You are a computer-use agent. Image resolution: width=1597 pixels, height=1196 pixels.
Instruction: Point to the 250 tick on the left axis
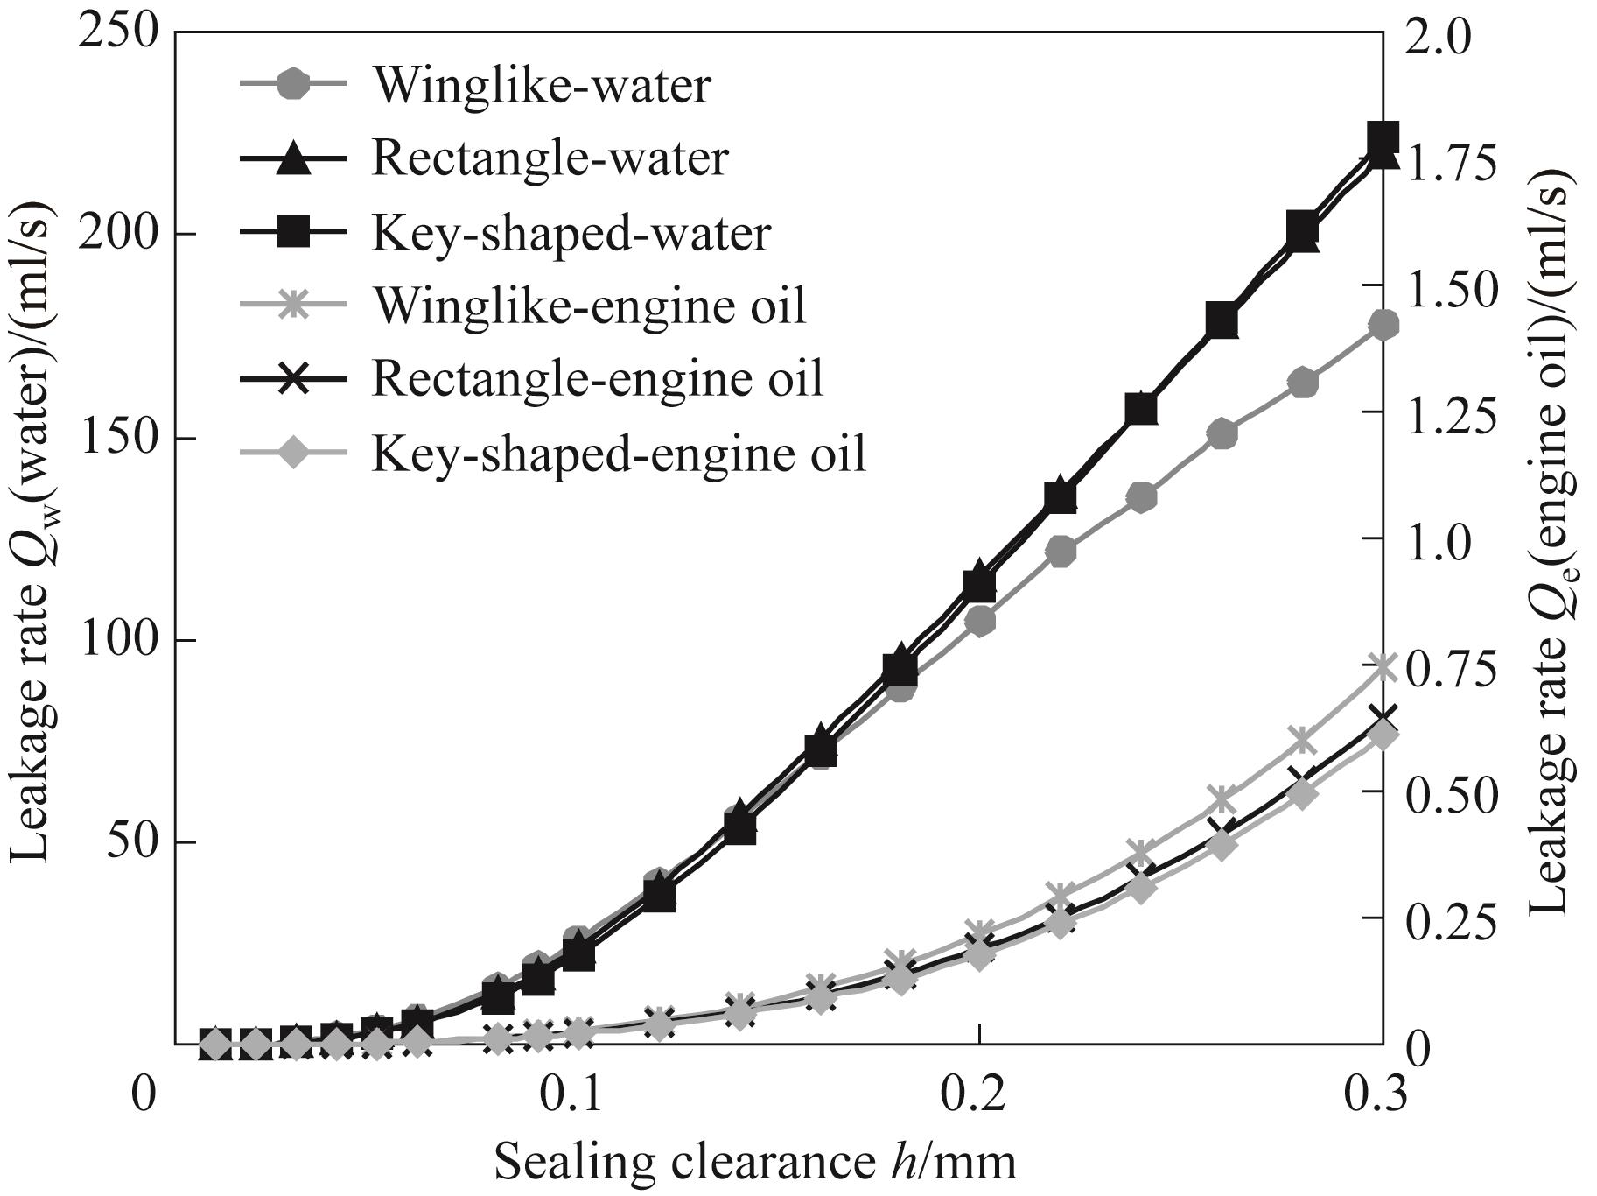[118, 32]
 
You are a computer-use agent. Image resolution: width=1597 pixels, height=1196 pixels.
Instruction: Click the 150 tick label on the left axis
[118, 438]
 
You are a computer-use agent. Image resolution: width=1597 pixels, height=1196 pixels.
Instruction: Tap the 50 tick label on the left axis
[131, 842]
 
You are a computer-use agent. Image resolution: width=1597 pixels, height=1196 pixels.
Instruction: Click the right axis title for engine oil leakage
[1553, 538]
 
